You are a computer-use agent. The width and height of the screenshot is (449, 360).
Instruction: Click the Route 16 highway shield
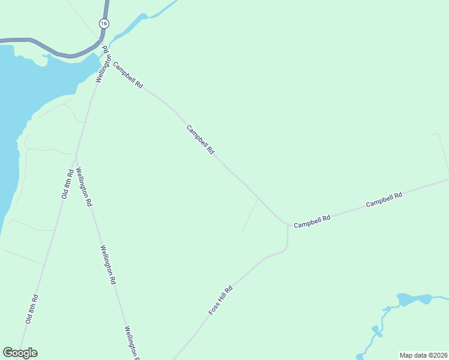pos(104,23)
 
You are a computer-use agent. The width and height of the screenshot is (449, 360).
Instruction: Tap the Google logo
pos(20,353)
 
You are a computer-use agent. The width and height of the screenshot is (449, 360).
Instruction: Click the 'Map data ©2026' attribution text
pos(423,355)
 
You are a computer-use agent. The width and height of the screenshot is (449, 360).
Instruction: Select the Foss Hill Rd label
pos(220,300)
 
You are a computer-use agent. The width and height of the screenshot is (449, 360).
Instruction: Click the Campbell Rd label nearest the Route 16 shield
pos(127,76)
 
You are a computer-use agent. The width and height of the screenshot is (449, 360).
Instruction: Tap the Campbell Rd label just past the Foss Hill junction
pos(312,221)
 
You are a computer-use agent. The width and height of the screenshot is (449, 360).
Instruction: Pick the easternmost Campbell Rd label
pos(384,200)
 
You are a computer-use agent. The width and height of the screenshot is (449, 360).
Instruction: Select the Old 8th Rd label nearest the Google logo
pos(32,309)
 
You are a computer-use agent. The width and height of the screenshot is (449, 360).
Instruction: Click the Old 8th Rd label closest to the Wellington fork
pos(67,184)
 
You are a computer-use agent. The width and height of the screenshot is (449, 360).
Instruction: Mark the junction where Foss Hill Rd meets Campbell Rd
pos(288,226)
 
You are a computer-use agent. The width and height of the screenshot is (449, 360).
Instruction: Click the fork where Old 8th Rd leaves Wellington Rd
pos(76,155)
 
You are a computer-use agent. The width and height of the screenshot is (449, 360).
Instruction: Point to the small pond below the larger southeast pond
pos(375,330)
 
